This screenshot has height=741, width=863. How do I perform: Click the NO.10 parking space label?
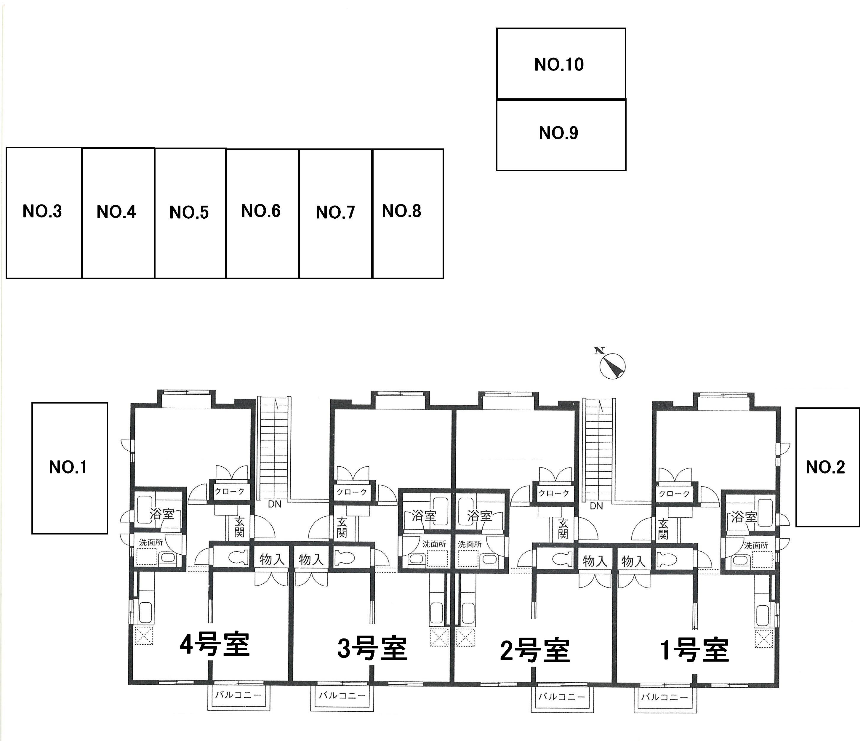click(559, 65)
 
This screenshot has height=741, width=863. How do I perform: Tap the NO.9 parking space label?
click(558, 133)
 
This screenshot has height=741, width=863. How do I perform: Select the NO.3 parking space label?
click(42, 212)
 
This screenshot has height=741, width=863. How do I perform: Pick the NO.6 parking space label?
click(261, 211)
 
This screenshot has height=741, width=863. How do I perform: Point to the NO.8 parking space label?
click(401, 211)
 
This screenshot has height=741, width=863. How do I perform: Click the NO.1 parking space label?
click(68, 467)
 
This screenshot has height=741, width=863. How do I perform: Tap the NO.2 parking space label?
click(825, 467)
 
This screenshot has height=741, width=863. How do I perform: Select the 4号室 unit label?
click(214, 645)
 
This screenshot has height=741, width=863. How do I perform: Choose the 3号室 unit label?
click(372, 649)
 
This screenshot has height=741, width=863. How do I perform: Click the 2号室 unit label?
click(534, 651)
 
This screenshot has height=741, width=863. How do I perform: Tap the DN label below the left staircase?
click(274, 504)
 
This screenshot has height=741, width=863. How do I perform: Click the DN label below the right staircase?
click(596, 506)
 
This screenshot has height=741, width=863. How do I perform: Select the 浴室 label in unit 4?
click(161, 514)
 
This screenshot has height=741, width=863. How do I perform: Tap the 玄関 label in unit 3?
click(342, 527)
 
